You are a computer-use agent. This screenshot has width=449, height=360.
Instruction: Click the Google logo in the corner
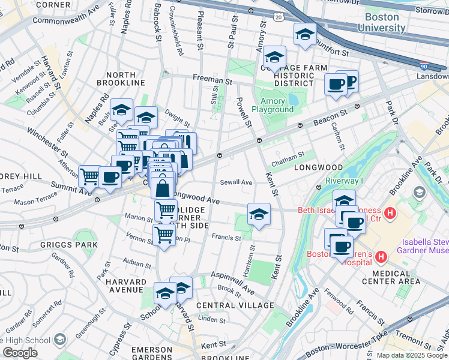click(20, 353)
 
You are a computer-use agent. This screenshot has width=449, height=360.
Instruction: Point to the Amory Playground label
click(273, 106)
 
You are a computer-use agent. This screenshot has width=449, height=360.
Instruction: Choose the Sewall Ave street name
click(236, 182)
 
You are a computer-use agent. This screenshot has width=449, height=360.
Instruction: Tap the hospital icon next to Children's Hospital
click(379, 257)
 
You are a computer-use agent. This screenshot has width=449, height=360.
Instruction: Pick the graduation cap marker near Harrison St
click(258, 214)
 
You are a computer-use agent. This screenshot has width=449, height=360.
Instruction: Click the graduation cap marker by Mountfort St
click(305, 34)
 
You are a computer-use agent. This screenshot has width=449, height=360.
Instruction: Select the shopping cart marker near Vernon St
click(163, 234)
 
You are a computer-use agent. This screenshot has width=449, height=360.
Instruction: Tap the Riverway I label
click(344, 181)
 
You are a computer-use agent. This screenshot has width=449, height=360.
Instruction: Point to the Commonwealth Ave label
click(66, 20)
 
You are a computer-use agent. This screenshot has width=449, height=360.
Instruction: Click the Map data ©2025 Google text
click(411, 355)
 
